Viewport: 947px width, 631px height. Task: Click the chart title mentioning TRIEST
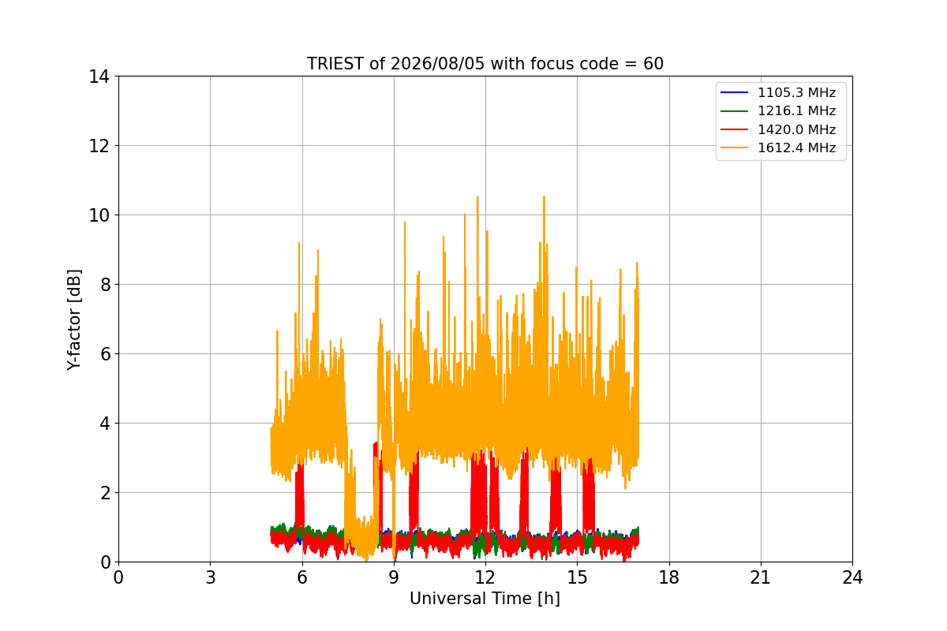pos(485,64)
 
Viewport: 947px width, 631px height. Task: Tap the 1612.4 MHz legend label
pos(796,148)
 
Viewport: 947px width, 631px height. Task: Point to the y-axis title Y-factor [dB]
pos(74,320)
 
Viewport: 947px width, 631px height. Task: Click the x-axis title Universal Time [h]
pos(485,599)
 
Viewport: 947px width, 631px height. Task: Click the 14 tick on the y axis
pos(99,77)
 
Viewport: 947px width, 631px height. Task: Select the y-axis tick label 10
pos(99,215)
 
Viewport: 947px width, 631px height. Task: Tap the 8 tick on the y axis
pos(105,285)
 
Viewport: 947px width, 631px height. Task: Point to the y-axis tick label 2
pos(105,493)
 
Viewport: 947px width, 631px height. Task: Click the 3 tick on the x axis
pos(211,577)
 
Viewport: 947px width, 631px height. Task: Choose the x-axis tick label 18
pos(669,577)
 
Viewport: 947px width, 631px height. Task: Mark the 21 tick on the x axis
pos(761,577)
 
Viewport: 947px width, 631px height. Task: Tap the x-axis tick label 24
pos(852,577)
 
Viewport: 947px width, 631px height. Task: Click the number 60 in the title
pos(653,64)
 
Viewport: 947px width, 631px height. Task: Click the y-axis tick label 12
pos(99,146)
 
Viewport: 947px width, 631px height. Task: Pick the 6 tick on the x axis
pos(302,577)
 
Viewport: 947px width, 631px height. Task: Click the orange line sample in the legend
pos(735,148)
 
